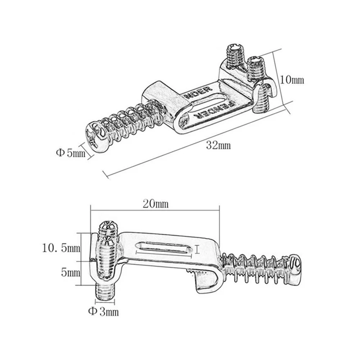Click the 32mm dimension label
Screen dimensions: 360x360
(218, 145)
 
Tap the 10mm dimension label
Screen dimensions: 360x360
(292, 80)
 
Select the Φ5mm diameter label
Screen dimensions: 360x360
(71, 153)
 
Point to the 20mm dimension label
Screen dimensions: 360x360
(155, 204)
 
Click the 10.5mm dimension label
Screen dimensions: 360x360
(61, 248)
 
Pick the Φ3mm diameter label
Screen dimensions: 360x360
(104, 312)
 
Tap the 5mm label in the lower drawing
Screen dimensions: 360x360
(70, 273)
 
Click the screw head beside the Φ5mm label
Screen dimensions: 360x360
(95, 137)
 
